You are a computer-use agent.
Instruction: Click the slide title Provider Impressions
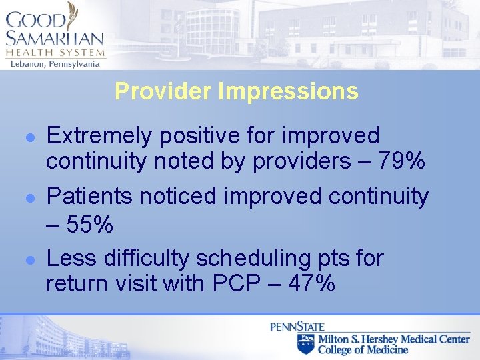[x=236, y=91]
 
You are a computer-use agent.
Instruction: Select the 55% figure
[x=89, y=225]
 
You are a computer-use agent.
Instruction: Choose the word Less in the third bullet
[x=68, y=257]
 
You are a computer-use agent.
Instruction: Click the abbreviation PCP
[x=230, y=283]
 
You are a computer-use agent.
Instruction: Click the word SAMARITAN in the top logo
[x=54, y=38]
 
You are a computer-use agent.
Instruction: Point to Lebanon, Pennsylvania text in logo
[x=55, y=63]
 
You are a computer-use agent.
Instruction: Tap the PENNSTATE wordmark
[x=297, y=327]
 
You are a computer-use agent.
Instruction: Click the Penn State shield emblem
[x=305, y=344]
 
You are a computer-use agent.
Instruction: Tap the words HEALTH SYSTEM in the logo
[x=55, y=53]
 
